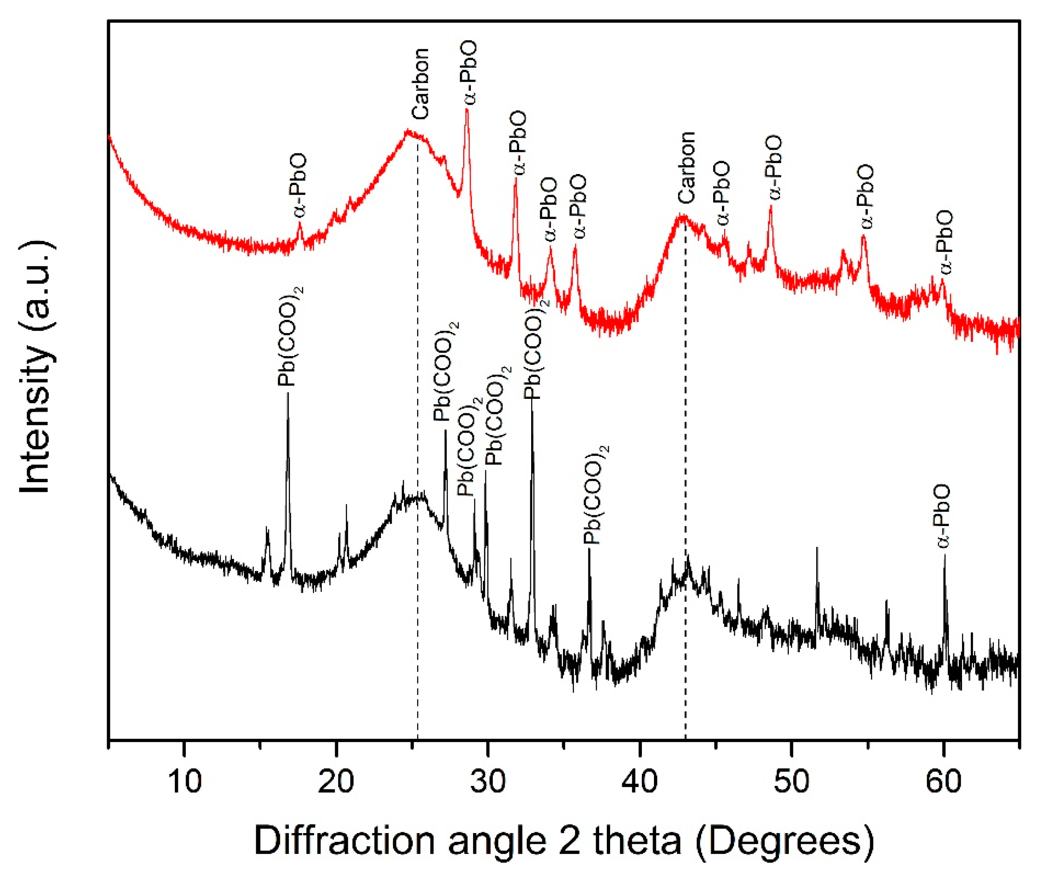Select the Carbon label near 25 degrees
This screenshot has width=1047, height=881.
point(421,83)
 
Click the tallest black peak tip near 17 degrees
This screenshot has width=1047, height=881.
point(288,394)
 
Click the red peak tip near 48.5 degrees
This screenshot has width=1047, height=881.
point(771,206)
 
